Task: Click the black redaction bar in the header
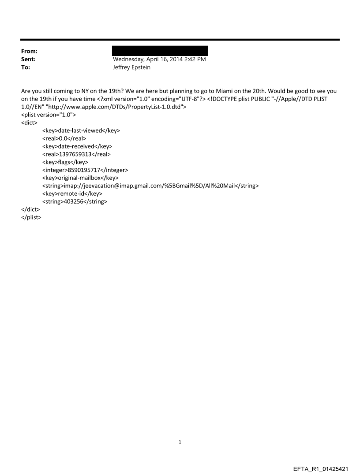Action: coord(160,51)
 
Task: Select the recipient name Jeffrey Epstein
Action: coord(132,67)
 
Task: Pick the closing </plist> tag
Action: coord(31,217)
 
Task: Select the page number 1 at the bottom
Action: coord(180,442)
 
